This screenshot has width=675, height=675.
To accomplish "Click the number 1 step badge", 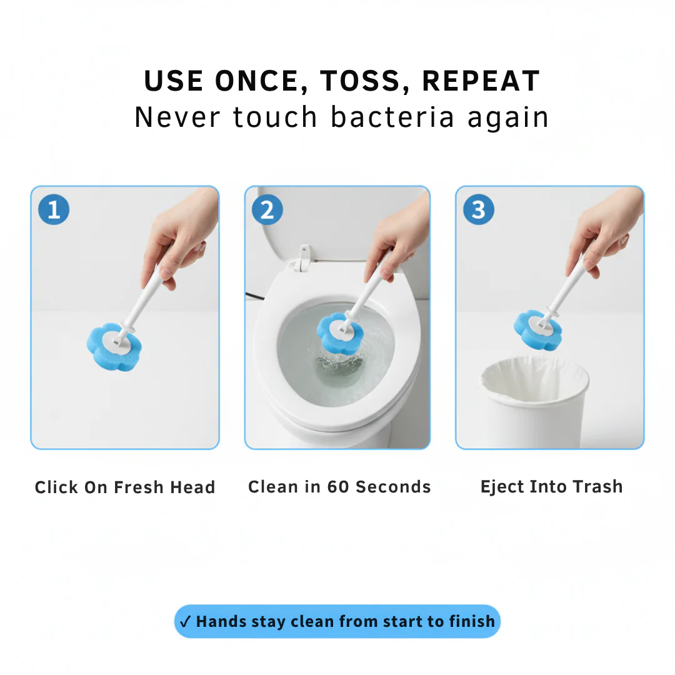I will (x=54, y=209).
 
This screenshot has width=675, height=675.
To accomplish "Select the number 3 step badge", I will (x=479, y=209).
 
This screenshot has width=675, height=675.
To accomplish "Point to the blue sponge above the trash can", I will (x=534, y=327).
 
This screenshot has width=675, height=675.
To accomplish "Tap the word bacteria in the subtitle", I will (x=392, y=117).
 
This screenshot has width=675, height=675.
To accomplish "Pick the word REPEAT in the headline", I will (x=481, y=81).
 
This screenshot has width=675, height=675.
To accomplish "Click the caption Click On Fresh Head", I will (x=125, y=487).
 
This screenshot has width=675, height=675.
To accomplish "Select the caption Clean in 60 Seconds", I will (x=339, y=487).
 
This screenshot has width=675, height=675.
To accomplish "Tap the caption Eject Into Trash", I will (x=551, y=487).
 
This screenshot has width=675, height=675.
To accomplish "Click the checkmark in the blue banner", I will (x=185, y=622).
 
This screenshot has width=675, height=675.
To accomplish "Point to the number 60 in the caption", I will (x=338, y=487).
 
